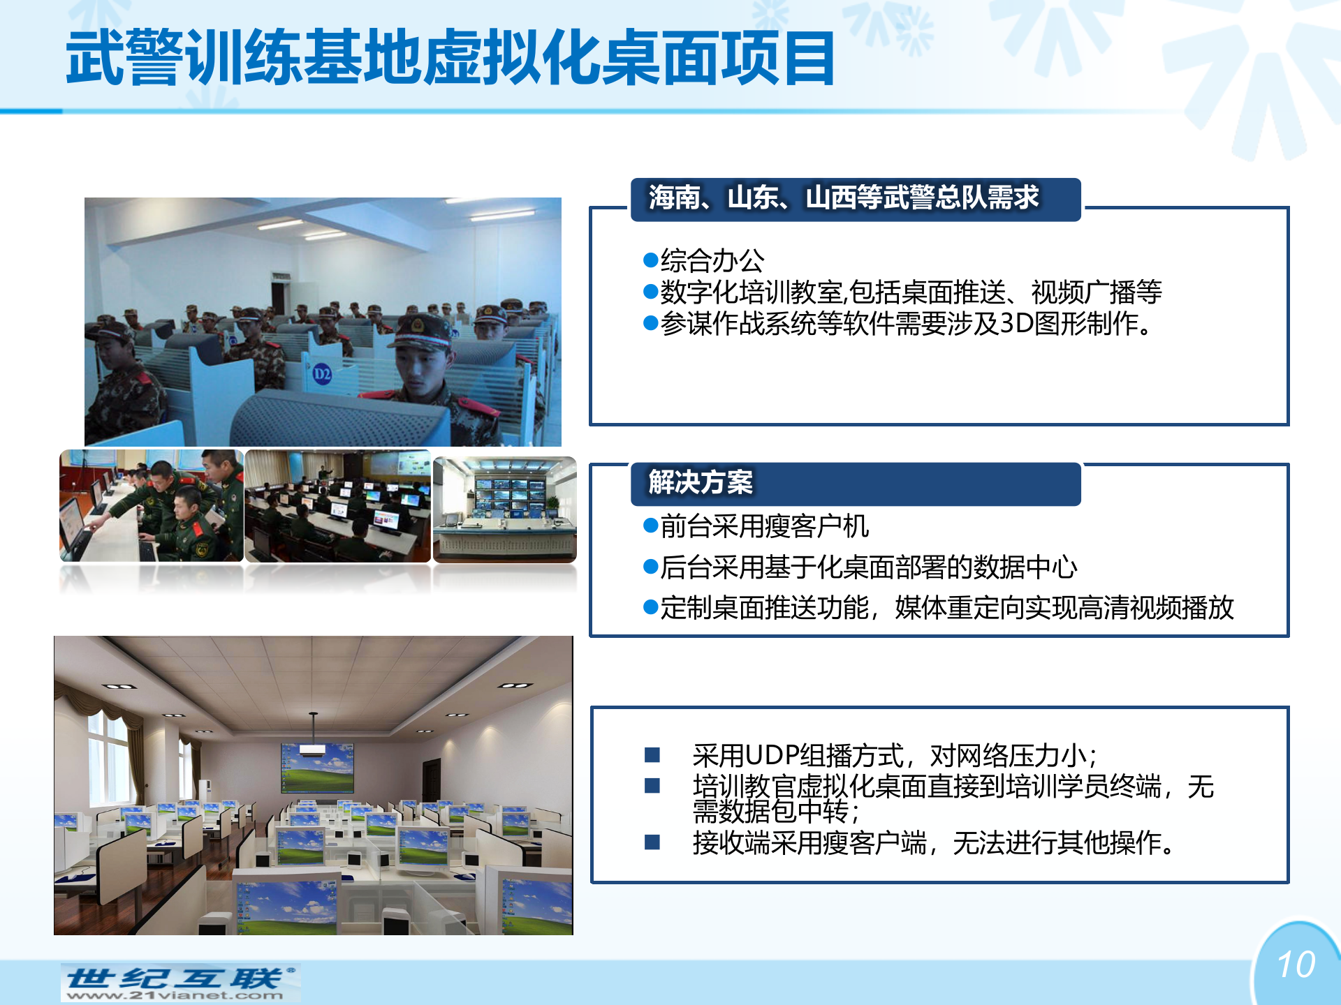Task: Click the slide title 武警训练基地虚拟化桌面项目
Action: coord(450,57)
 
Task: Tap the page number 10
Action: coord(1296,965)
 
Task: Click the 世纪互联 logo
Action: coord(180,978)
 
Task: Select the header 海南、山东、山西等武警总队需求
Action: coord(844,198)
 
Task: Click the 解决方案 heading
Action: coord(701,482)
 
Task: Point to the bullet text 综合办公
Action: coord(712,260)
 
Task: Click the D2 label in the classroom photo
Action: coord(322,373)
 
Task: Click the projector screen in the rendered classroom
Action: coord(316,768)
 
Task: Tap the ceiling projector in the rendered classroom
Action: coord(314,750)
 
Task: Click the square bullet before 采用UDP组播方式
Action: coord(652,754)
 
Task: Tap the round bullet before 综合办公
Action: coord(650,260)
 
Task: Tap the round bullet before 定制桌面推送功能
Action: coord(650,607)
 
